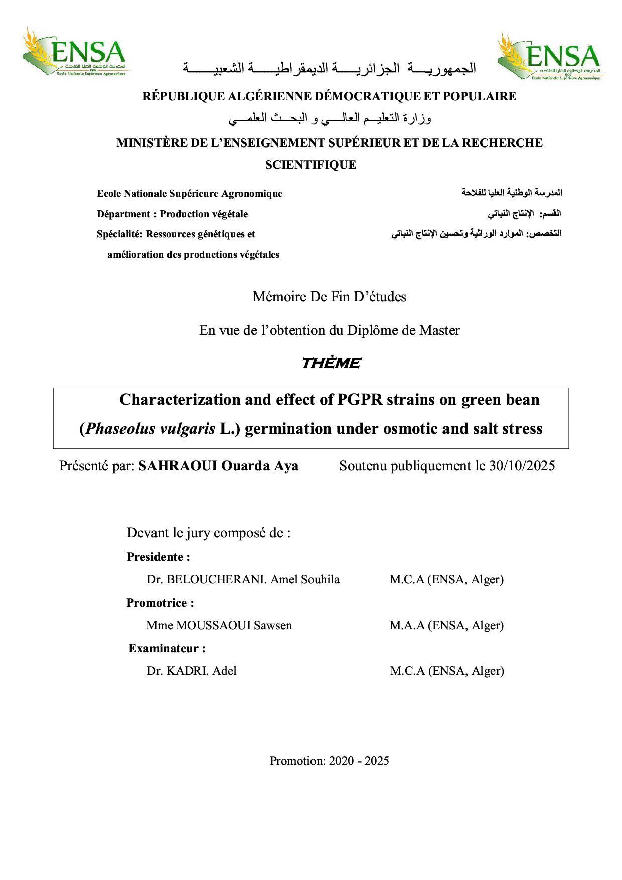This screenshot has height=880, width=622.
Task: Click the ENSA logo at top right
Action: [x=550, y=57]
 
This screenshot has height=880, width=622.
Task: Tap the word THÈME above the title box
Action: [x=331, y=363]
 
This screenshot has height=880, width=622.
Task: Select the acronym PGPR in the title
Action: [x=359, y=400]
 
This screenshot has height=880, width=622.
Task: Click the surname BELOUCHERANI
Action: [x=216, y=579]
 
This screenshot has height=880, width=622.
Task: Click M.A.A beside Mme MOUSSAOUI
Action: [x=407, y=625]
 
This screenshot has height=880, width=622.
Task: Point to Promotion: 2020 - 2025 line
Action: [x=330, y=761]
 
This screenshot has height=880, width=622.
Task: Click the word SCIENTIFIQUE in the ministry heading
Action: [x=310, y=165]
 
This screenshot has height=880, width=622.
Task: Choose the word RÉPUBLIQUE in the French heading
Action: [x=184, y=96]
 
